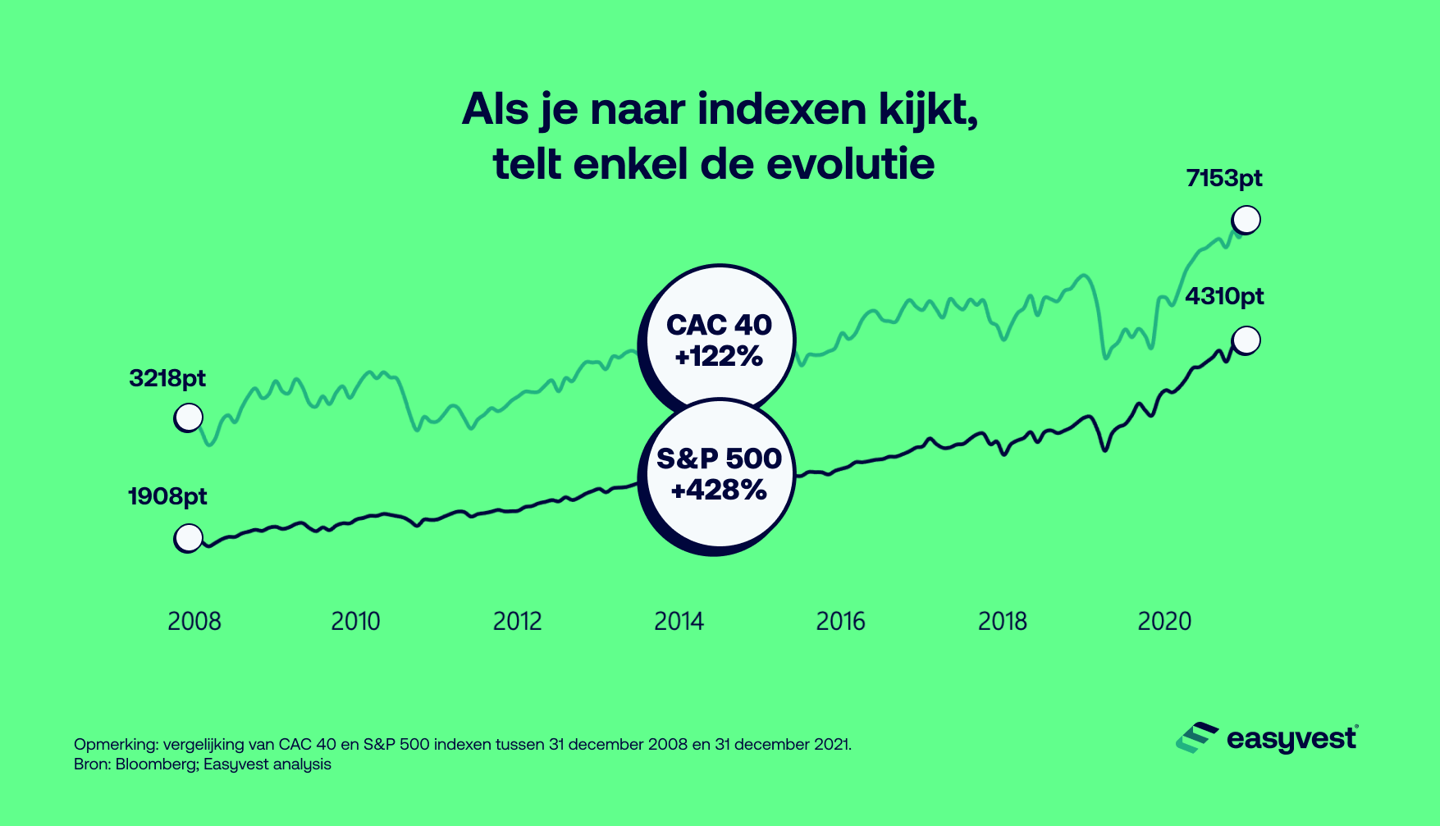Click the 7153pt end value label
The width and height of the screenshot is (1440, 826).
click(1223, 178)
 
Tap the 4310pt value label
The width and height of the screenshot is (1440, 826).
click(1224, 296)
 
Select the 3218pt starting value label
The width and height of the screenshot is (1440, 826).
click(167, 378)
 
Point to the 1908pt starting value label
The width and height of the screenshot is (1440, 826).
click(167, 496)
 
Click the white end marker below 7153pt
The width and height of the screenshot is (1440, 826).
click(1246, 220)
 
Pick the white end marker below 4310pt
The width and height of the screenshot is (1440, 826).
click(1246, 340)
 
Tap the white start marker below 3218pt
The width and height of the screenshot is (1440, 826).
click(188, 418)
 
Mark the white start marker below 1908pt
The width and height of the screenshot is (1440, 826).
click(188, 538)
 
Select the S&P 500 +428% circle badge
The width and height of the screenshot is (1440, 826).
click(719, 474)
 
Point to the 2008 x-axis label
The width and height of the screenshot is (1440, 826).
click(194, 621)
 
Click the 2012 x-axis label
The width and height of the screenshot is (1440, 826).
click(517, 621)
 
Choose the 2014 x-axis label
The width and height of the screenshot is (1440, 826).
click(679, 621)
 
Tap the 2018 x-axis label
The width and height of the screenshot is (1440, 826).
click(1002, 621)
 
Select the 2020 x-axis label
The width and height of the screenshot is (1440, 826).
click(1163, 621)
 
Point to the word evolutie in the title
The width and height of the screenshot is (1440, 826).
click(850, 164)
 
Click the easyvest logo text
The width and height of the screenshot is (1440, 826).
click(1291, 739)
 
